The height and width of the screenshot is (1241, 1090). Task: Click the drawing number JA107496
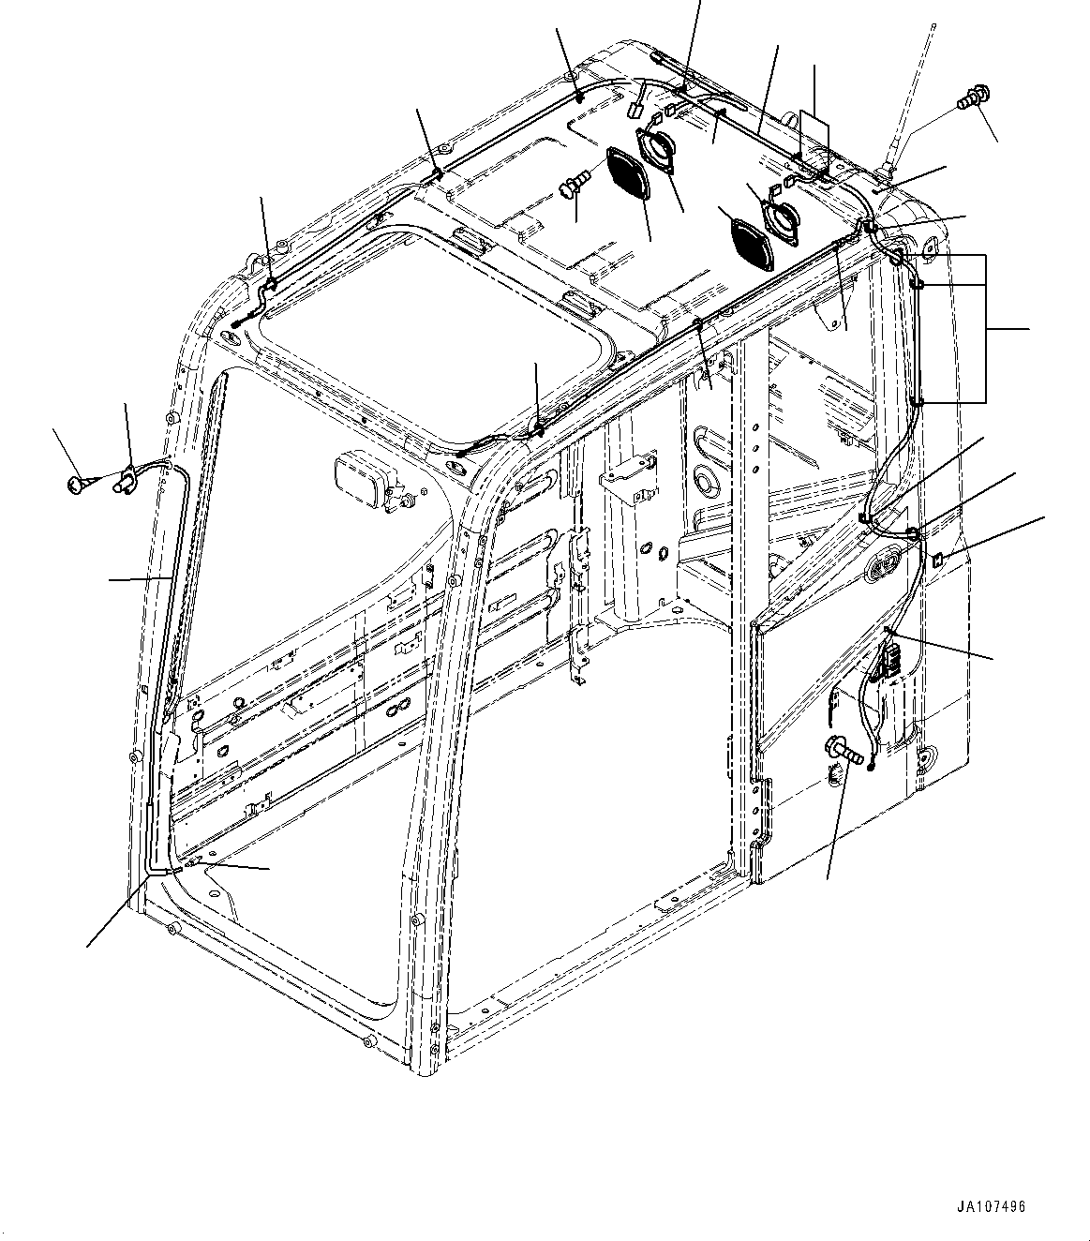coord(992,1206)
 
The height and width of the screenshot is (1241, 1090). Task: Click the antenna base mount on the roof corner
coord(885,172)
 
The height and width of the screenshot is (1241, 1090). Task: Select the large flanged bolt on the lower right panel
coord(837,751)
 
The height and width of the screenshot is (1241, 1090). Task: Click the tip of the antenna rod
coord(934,25)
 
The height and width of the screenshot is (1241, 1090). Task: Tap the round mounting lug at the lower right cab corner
coord(928,757)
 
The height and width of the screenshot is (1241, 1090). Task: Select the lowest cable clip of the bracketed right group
coord(916,402)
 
